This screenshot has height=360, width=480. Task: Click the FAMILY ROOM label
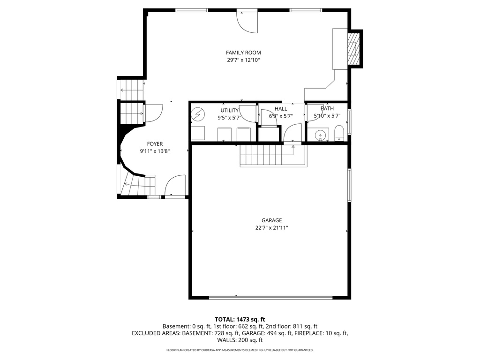[243, 52]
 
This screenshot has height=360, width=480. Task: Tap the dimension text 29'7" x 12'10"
[243, 60]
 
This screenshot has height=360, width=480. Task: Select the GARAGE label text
[271, 220]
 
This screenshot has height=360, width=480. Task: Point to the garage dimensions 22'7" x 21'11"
[271, 228]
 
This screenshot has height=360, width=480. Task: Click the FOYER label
[155, 144]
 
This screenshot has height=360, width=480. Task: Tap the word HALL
[281, 109]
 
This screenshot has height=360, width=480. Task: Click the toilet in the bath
[339, 134]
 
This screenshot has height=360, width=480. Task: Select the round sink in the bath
[321, 135]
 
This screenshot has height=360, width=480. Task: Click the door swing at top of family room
[247, 22]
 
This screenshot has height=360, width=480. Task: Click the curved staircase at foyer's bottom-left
[133, 184]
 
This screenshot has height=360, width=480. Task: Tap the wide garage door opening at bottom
[270, 296]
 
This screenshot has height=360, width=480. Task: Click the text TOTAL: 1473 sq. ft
[240, 319]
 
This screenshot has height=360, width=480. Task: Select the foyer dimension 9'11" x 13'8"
[155, 151]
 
